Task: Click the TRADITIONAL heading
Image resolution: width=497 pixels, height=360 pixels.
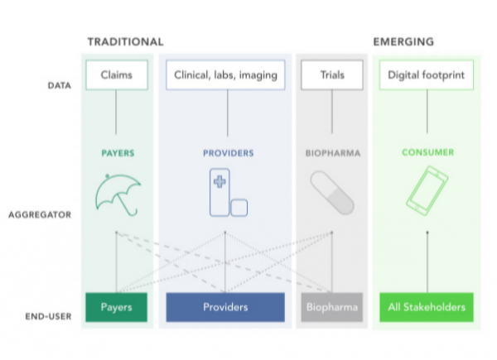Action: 125,41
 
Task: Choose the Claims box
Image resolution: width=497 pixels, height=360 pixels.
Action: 116,74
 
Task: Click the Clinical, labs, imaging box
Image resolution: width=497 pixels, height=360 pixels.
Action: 225,74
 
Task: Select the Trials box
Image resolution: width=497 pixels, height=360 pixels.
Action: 332,74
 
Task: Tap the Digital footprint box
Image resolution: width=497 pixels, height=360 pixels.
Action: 427,74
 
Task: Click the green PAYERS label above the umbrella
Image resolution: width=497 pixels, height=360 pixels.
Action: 116,153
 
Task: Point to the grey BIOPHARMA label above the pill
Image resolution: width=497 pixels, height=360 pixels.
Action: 332,153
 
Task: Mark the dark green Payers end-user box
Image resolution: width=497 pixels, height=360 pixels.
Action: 116,307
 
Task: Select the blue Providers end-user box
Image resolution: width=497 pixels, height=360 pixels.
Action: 225,307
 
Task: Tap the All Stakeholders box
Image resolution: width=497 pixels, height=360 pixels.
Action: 427,307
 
